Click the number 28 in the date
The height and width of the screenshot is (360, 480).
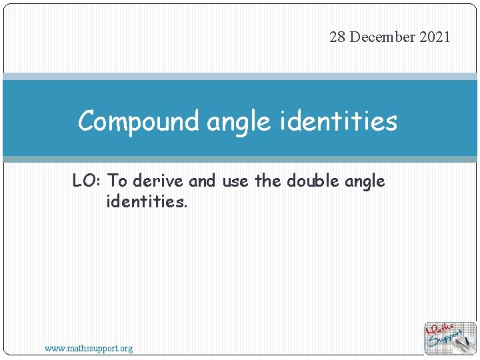click(337, 37)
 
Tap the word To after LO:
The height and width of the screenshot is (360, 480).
click(117, 181)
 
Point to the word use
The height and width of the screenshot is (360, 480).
click(235, 181)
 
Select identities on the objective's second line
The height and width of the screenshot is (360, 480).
click(147, 201)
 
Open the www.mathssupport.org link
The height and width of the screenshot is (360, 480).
click(89, 348)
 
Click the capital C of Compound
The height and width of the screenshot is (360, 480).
click(86, 122)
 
